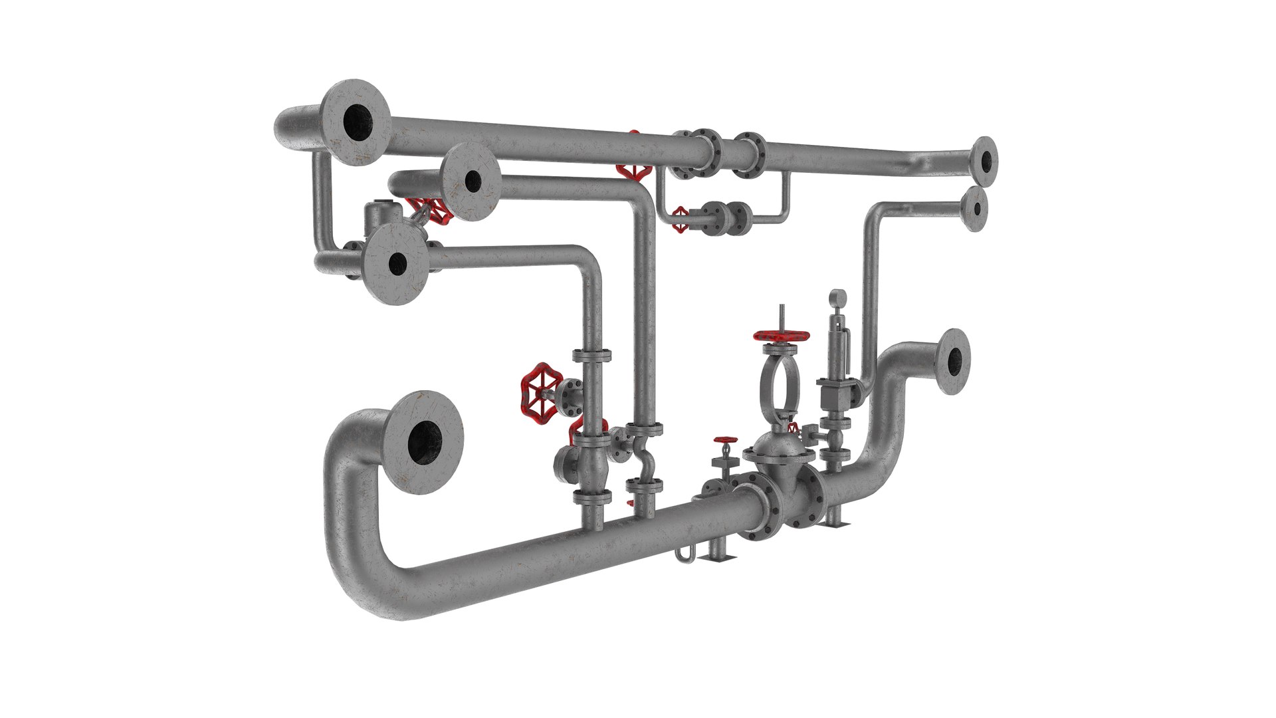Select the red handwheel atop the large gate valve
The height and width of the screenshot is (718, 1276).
click(x=782, y=337)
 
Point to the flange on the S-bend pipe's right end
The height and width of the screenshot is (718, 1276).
click(x=952, y=362)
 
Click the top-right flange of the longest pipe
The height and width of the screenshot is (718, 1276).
click(x=984, y=161)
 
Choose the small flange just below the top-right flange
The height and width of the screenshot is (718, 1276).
click(x=974, y=209)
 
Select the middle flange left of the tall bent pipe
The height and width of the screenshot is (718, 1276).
click(x=471, y=181)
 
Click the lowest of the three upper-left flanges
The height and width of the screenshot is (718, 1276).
click(x=397, y=264)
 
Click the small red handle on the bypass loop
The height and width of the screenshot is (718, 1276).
click(x=680, y=219)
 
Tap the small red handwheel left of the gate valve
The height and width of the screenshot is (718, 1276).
click(x=725, y=441)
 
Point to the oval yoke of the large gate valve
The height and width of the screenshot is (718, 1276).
click(x=777, y=388)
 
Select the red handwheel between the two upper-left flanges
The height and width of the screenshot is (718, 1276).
click(x=437, y=211)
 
